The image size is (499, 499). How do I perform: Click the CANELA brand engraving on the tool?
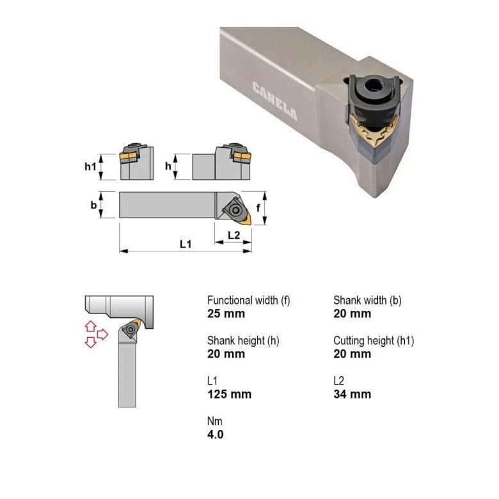click(274, 101)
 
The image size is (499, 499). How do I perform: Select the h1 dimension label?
click(90, 166)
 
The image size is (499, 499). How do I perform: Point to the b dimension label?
click(93, 205)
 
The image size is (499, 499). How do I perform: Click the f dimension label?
click(258, 207)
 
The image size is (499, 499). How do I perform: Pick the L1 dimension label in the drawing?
click(186, 244)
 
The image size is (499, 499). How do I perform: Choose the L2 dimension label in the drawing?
click(234, 235)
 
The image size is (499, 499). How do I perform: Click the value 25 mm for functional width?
click(226, 313)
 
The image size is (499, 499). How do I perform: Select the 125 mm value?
click(229, 394)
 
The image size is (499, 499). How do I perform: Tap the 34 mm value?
click(352, 394)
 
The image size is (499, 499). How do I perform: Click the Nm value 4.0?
click(216, 434)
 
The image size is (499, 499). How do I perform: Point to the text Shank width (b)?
click(367, 300)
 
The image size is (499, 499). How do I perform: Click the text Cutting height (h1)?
click(374, 340)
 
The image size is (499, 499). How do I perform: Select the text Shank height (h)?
click(243, 340)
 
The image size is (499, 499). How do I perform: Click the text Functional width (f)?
click(248, 300)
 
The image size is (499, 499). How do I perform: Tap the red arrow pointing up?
click(90, 326)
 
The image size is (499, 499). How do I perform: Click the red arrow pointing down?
click(90, 343)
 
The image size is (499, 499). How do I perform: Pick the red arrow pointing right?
click(102, 334)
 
